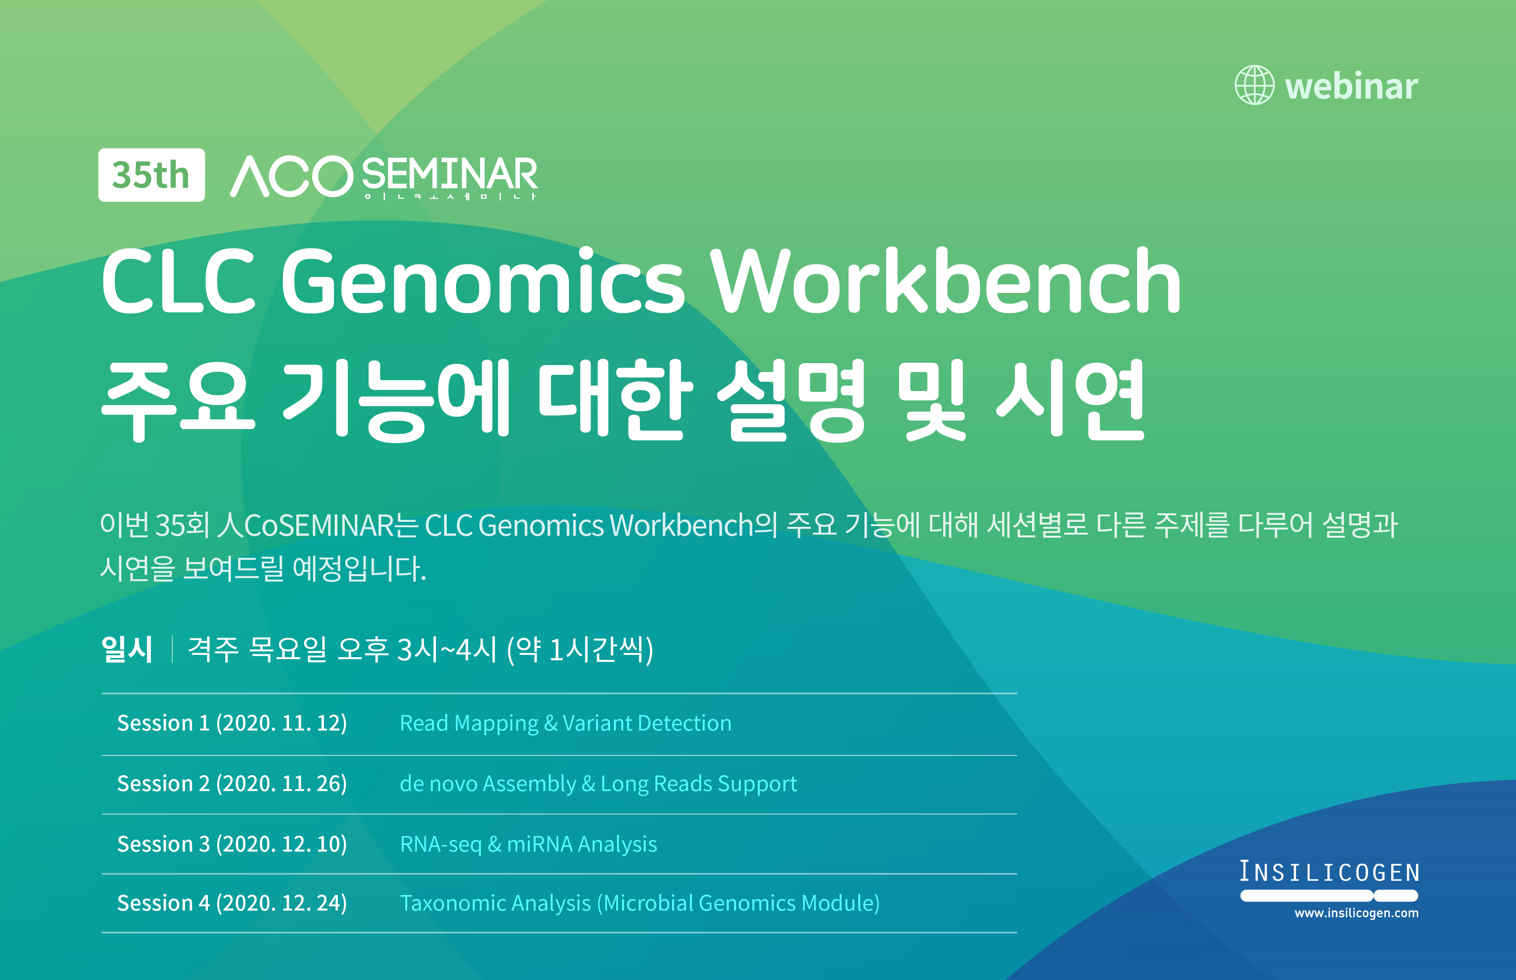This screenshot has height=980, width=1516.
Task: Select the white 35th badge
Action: (x=151, y=175)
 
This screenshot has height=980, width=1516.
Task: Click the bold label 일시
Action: (x=126, y=649)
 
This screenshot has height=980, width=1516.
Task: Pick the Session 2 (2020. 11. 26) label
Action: (x=232, y=783)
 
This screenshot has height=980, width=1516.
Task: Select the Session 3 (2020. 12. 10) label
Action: (x=232, y=844)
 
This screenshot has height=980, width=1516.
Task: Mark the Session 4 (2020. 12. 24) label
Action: (x=232, y=903)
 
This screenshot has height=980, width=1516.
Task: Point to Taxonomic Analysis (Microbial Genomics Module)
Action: (x=640, y=904)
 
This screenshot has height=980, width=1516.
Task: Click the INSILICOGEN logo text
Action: (x=1329, y=872)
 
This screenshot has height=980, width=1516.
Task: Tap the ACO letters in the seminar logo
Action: (x=291, y=176)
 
